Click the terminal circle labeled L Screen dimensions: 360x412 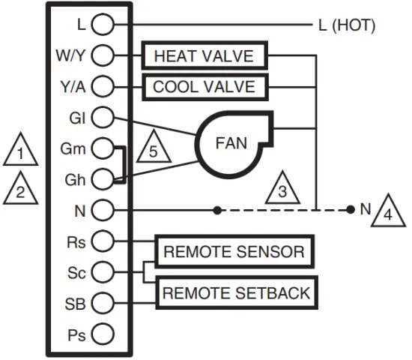102,25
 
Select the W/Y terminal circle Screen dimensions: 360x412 102,55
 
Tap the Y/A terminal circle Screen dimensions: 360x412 102,86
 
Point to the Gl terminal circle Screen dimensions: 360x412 102,117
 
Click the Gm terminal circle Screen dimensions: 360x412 102,148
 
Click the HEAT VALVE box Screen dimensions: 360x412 203,56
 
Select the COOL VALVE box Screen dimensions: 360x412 203,86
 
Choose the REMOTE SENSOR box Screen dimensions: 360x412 234,251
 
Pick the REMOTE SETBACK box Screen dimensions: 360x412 236,292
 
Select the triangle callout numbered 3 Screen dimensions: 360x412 282,190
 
